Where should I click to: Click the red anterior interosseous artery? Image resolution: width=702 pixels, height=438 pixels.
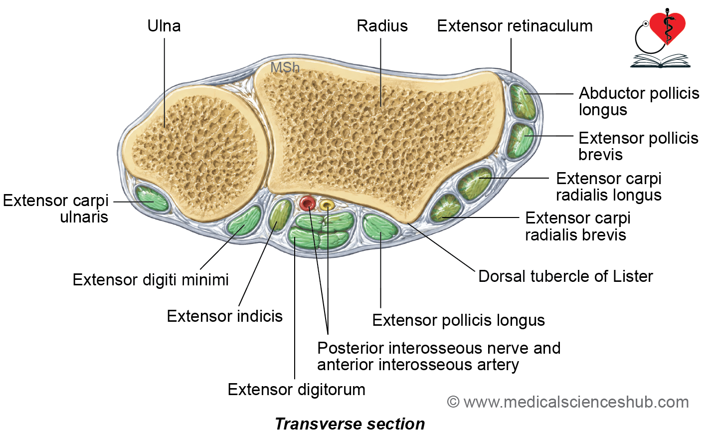pos(308,204)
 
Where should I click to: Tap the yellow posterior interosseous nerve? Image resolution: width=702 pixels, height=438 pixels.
pos(327,206)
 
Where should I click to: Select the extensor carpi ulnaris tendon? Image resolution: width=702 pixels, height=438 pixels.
pos(152,200)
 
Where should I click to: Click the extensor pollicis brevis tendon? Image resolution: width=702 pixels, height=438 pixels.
pos(521,141)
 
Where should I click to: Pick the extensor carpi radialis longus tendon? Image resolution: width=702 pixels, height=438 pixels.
pos(475,184)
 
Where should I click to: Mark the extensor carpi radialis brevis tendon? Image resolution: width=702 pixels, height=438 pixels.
pos(445,208)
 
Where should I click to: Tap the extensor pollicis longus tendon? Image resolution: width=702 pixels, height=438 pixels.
pos(380,227)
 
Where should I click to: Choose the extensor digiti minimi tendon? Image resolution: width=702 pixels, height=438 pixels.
pos(244,220)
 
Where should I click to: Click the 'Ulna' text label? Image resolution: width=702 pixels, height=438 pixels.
pos(164,26)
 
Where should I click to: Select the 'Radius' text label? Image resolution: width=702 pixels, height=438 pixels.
pos(382,26)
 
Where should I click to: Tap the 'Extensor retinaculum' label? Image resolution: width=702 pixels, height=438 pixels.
pos(515,26)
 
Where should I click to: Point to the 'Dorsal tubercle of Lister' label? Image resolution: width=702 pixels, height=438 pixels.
pos(566,276)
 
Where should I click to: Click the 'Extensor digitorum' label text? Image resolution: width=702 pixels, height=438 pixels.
pos(297,390)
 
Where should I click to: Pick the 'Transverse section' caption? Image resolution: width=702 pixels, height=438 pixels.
pos(350,424)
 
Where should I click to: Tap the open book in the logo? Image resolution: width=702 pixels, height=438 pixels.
pos(660,61)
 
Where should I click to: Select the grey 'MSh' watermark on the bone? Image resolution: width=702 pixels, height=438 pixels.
pos(285,67)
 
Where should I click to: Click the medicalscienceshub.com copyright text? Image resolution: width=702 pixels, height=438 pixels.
pos(568,402)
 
